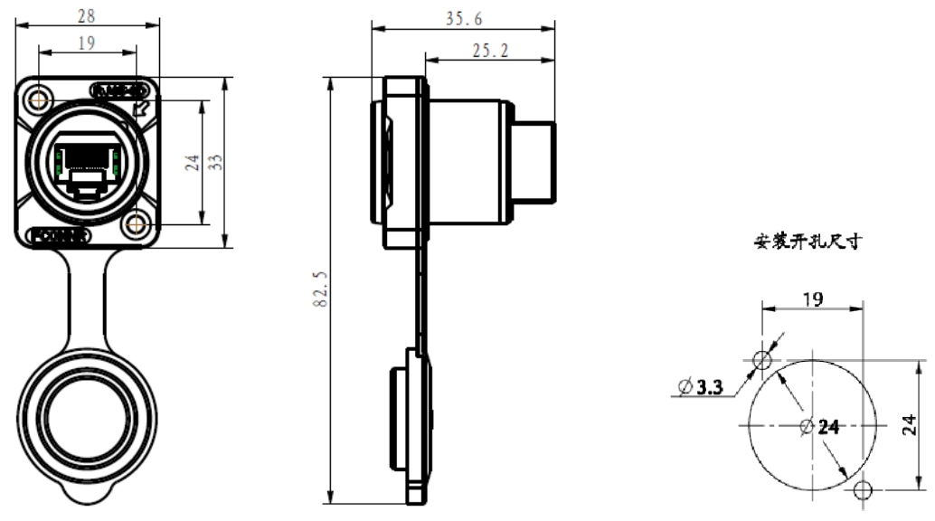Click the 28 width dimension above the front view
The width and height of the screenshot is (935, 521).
point(88,15)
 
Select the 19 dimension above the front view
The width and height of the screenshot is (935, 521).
point(88,43)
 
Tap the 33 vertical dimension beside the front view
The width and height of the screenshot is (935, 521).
point(217,161)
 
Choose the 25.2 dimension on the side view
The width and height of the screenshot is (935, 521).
point(489,52)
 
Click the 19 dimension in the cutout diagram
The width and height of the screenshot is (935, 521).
point(812,298)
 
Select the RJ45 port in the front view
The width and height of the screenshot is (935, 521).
point(88,164)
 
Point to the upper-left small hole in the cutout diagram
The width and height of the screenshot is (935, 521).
point(762,361)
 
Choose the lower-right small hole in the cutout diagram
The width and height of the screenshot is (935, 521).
point(863,490)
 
